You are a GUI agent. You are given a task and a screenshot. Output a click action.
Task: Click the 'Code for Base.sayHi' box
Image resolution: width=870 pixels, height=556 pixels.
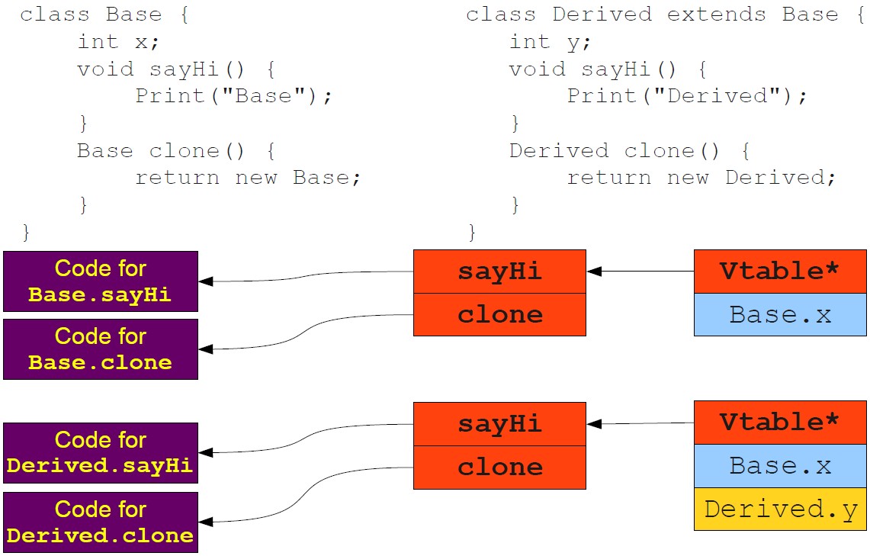point(101,281)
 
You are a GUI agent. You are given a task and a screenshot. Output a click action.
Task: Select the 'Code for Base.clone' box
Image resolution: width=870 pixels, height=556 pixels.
point(101,349)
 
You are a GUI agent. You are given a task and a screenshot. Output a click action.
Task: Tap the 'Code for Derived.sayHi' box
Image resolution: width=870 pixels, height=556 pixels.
point(101,453)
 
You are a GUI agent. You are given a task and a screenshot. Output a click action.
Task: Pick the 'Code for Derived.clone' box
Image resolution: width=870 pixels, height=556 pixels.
point(101,522)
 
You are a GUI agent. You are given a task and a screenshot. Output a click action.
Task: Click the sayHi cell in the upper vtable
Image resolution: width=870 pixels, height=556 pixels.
point(499,272)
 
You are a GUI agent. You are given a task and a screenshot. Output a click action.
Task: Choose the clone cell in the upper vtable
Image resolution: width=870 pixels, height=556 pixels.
point(499,314)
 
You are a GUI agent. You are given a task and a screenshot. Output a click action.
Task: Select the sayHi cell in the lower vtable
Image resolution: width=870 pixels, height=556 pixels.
point(499,424)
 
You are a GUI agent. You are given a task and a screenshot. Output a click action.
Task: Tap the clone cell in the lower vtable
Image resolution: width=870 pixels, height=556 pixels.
point(499,467)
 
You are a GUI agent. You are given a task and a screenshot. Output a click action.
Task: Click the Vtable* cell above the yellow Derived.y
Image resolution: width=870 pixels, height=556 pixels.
point(780,423)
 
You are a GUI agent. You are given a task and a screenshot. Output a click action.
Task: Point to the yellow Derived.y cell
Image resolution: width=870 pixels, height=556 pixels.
point(780,509)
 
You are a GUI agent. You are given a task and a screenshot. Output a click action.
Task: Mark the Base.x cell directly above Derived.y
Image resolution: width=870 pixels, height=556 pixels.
point(780,466)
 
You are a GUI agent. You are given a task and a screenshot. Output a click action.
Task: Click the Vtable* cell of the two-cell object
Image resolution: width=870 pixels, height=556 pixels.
point(780,271)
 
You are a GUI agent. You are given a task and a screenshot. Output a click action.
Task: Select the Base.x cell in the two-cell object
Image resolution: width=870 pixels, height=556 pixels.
point(780,314)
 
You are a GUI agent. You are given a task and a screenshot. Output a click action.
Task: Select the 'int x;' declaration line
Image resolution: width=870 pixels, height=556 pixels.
point(117,42)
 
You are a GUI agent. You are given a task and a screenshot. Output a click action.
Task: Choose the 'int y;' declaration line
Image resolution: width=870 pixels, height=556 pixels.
point(550,42)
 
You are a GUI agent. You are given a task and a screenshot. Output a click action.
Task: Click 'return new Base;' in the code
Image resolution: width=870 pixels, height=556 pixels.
point(247,178)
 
